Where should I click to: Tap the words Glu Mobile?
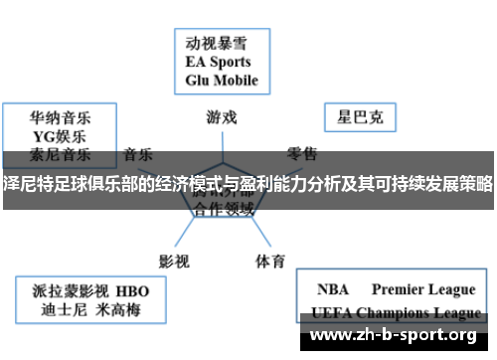pos(222,79)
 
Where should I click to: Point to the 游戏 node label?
pos(222,116)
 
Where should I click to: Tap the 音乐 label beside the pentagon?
pos(138,154)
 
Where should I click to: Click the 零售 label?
pos(302,154)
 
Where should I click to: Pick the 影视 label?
pos(174,234)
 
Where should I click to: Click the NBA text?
pos(333,289)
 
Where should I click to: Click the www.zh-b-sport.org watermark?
pos(397,335)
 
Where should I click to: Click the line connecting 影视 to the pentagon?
pos(190,221)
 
